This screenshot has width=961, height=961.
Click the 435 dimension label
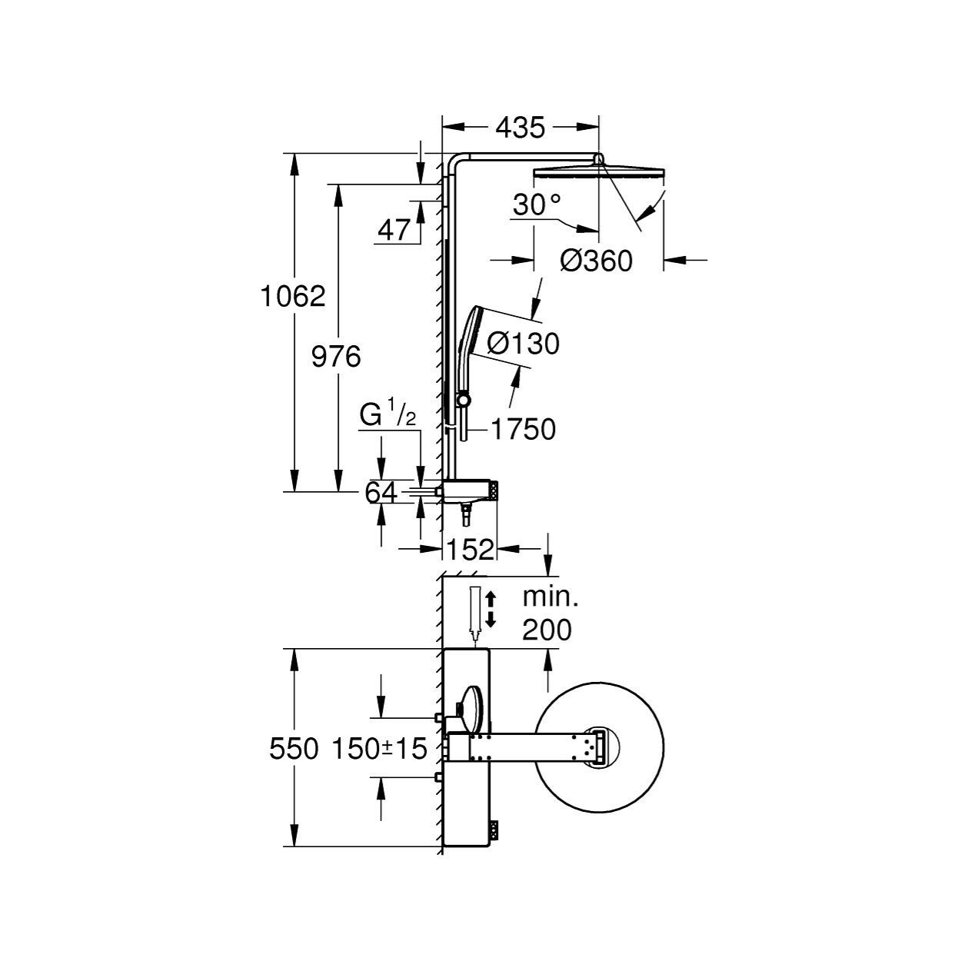click(520, 128)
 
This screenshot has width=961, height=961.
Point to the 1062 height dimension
click(293, 297)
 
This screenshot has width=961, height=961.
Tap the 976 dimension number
click(336, 357)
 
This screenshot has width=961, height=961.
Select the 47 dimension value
click(394, 231)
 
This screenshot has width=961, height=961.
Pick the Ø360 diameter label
click(596, 261)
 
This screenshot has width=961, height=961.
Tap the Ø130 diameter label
click(523, 344)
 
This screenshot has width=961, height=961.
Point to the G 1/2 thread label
click(387, 417)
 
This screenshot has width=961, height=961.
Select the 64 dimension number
click(381, 493)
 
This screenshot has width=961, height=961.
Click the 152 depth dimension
click(470, 550)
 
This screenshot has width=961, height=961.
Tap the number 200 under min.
click(547, 630)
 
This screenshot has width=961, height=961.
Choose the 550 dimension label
click(293, 749)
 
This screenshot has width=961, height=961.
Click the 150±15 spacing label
click(380, 749)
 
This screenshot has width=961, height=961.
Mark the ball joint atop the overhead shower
click(598, 160)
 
